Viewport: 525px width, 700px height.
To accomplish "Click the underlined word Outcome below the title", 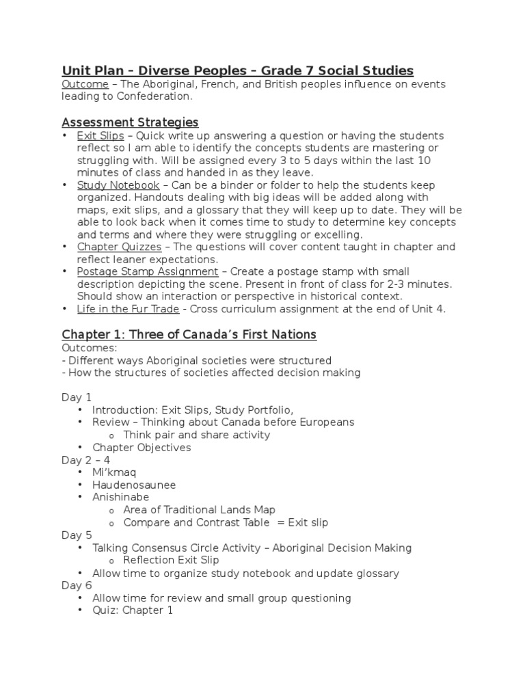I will pos(85,84).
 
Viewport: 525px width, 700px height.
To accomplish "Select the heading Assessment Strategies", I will pos(130,122).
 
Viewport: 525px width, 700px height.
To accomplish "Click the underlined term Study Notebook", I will pos(118,185).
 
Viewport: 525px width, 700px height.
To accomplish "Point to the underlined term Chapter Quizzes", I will pos(119,247).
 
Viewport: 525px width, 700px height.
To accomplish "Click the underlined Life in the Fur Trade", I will pos(128,309).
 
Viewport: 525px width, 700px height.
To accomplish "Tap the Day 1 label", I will pos(77,397).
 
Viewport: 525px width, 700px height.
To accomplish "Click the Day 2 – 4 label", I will pos(85,460).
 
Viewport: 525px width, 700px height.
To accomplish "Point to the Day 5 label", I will pos(77,535).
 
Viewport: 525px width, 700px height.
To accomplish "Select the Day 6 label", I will pos(77,586).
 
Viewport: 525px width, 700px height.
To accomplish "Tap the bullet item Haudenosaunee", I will pos(134,485).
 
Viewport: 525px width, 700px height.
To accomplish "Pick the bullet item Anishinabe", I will pos(120,497).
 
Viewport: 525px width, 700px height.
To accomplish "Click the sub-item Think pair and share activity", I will pos(196,435).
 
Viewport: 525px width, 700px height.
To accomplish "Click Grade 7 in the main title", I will pos(296,70).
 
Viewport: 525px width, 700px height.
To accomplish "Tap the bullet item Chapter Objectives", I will pos(142,448).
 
